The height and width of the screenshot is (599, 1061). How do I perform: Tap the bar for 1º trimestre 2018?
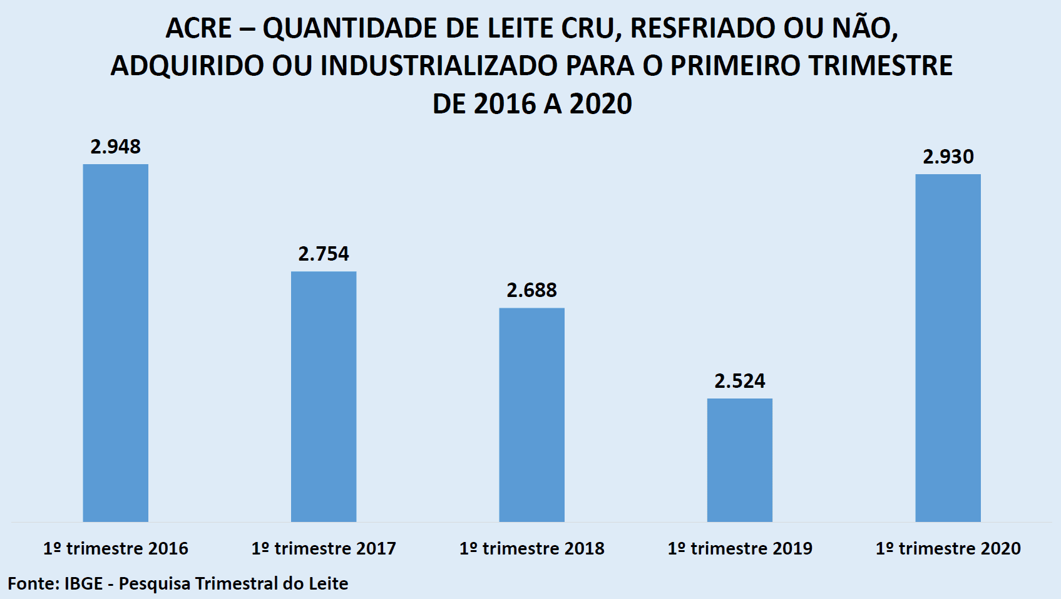[x=531, y=414]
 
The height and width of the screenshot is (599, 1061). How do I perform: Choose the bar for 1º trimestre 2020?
[x=948, y=348]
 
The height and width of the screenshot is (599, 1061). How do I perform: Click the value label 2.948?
[x=116, y=147]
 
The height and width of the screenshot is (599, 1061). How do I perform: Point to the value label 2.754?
[x=324, y=254]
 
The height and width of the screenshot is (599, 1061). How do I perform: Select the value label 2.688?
[x=531, y=290]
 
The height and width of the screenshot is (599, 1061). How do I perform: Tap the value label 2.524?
[x=740, y=381]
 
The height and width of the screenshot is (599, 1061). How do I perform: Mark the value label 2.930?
[x=948, y=157]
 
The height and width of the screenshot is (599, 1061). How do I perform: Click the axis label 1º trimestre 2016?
[x=116, y=548]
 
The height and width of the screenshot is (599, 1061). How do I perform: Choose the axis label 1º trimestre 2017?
[x=324, y=548]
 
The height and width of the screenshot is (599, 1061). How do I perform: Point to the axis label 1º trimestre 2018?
[x=531, y=548]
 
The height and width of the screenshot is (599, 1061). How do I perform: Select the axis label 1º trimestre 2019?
[x=740, y=548]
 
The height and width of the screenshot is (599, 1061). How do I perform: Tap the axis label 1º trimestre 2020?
[x=948, y=548]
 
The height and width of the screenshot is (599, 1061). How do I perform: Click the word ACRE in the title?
[x=198, y=28]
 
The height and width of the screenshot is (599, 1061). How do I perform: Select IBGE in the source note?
[x=83, y=583]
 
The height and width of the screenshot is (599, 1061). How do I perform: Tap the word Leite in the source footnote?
[x=327, y=583]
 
